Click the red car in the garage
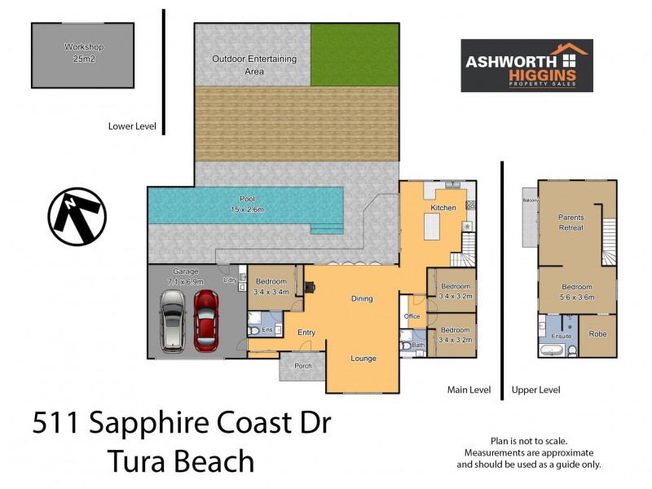[x=206, y=319]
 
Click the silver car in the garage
[x=173, y=321]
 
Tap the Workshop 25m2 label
[x=82, y=53]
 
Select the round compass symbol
[x=77, y=216]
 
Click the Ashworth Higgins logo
[x=526, y=66]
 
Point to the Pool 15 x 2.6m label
[x=247, y=204]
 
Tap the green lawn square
[x=355, y=53]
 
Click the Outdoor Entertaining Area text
[x=253, y=64]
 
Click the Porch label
[x=302, y=366]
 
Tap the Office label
[x=412, y=316]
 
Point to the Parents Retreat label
[x=570, y=222]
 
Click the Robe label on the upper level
[x=597, y=334]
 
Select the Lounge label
[x=363, y=359]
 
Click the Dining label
[x=362, y=299]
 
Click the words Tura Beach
[x=181, y=462]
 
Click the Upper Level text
[x=535, y=390]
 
